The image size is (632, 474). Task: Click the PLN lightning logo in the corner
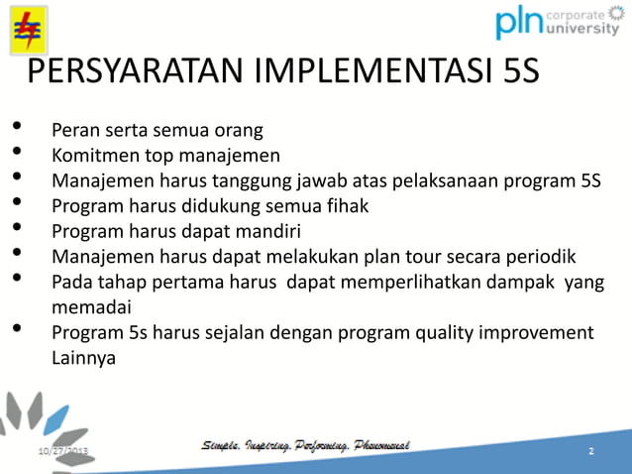tap(22, 29)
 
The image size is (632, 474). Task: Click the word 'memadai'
tap(90, 307)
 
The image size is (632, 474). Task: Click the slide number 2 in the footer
tap(590, 452)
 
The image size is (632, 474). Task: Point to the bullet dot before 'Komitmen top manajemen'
tap(17, 151)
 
